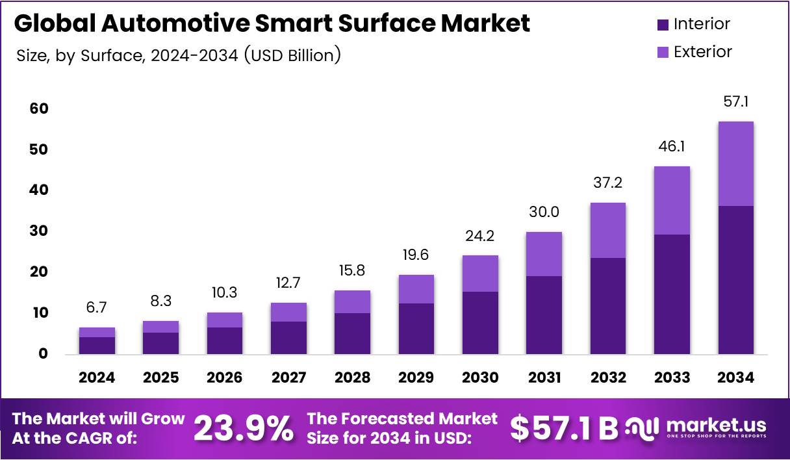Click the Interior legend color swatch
tap(663, 25)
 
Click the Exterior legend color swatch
tap(663, 53)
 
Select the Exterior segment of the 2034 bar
tap(735, 164)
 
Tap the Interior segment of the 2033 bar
tap(672, 294)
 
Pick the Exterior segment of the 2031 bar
tap(544, 254)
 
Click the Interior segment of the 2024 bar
tap(97, 345)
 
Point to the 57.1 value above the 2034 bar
tap(735, 102)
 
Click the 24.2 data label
tap(480, 235)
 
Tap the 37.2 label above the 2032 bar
tap(607, 183)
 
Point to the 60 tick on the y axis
tap(38, 109)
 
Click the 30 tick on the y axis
tap(38, 231)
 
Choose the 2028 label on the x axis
tap(352, 377)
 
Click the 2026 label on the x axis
tap(225, 377)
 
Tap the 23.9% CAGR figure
tap(243, 428)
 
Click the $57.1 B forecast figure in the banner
tap(563, 428)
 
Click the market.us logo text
tap(715, 426)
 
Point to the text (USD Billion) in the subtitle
tap(292, 55)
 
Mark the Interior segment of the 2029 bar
tap(416, 328)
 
